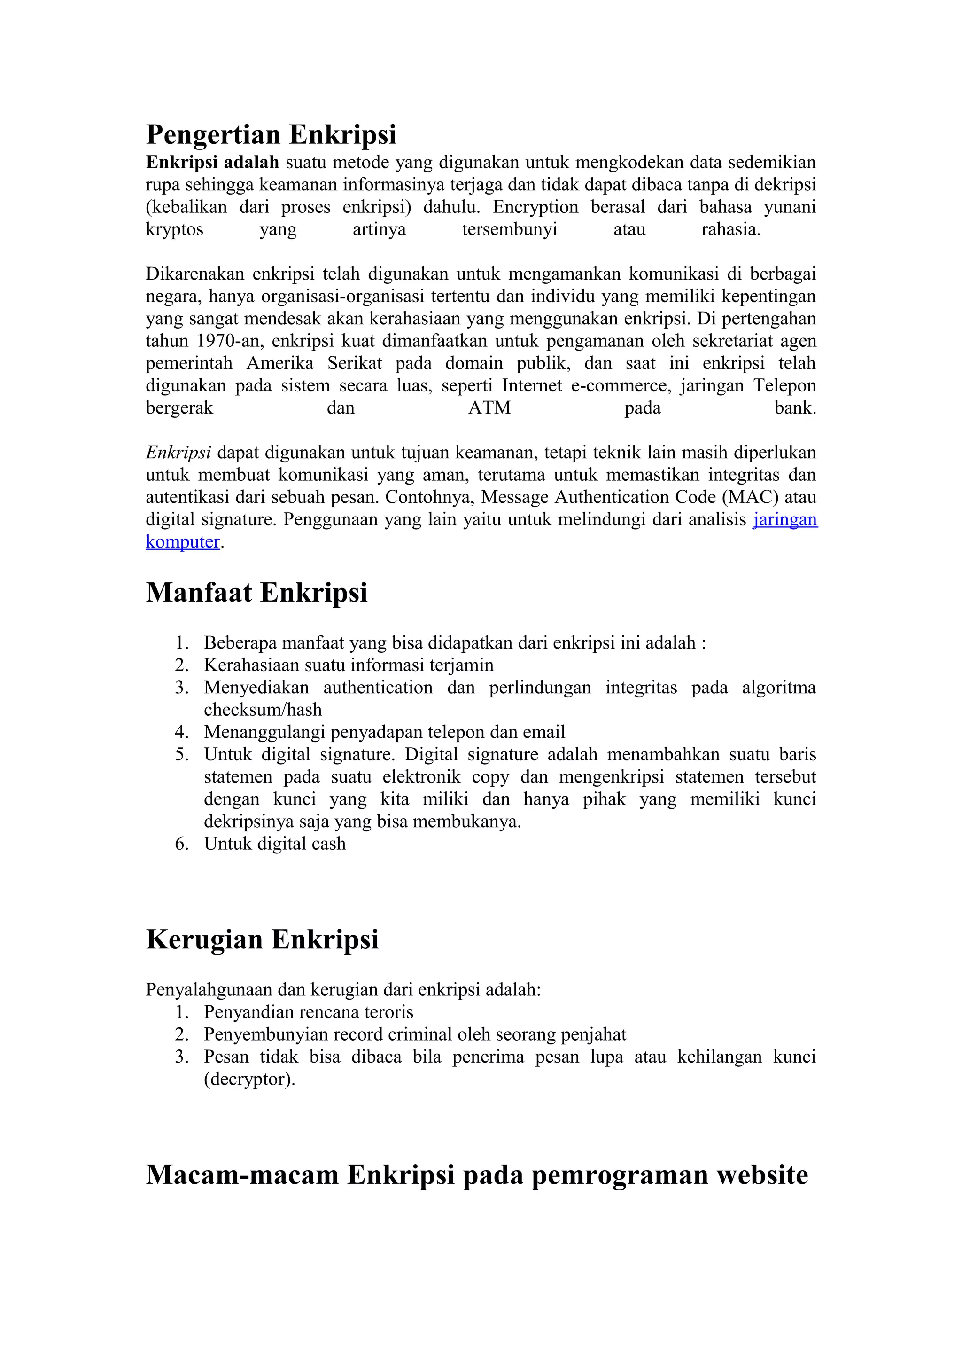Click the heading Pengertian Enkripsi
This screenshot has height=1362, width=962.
[271, 135]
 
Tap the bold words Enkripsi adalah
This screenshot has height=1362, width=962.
[212, 163]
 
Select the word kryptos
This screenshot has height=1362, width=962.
[174, 229]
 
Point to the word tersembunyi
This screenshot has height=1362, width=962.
[509, 229]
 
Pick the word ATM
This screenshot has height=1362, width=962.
[489, 408]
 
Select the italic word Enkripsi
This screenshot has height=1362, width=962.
[178, 453]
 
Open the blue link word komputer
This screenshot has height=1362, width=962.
[183, 542]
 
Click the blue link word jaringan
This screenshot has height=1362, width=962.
[785, 520]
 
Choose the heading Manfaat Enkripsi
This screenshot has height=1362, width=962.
[256, 593]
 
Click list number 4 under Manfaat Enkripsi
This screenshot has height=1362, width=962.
[181, 732]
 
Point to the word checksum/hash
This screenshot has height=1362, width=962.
[263, 710]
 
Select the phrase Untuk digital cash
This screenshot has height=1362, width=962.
[274, 844]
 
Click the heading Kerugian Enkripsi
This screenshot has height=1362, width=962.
[262, 939]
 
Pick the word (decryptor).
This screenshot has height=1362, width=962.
[249, 1079]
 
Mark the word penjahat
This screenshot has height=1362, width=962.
[593, 1034]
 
